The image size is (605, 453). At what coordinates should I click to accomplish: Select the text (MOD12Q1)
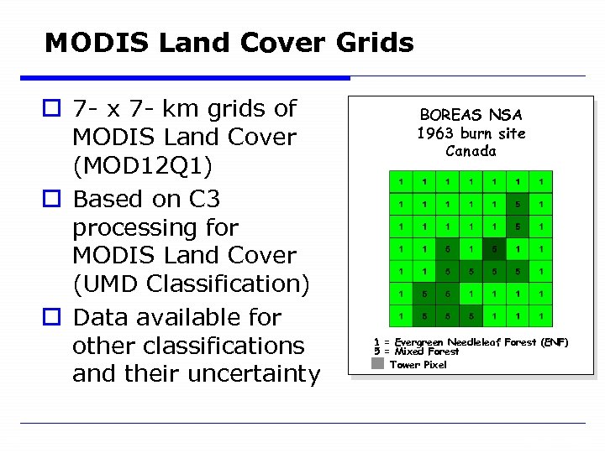pyautogui.click(x=142, y=165)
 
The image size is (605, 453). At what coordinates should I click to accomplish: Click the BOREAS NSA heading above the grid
pyautogui.click(x=471, y=115)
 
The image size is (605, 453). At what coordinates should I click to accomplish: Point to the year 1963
pyautogui.click(x=434, y=133)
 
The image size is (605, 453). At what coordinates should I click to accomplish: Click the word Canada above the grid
pyautogui.click(x=471, y=152)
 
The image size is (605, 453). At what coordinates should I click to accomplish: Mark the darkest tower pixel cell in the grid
pyautogui.click(x=494, y=248)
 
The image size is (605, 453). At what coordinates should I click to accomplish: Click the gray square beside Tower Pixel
pyautogui.click(x=378, y=364)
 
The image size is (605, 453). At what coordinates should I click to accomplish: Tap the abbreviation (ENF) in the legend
pyautogui.click(x=555, y=342)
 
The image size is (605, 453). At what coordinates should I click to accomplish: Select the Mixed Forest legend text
pyautogui.click(x=427, y=352)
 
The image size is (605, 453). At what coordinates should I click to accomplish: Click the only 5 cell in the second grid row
pyautogui.click(x=518, y=204)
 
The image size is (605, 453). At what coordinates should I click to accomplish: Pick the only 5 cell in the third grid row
pyautogui.click(x=518, y=226)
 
